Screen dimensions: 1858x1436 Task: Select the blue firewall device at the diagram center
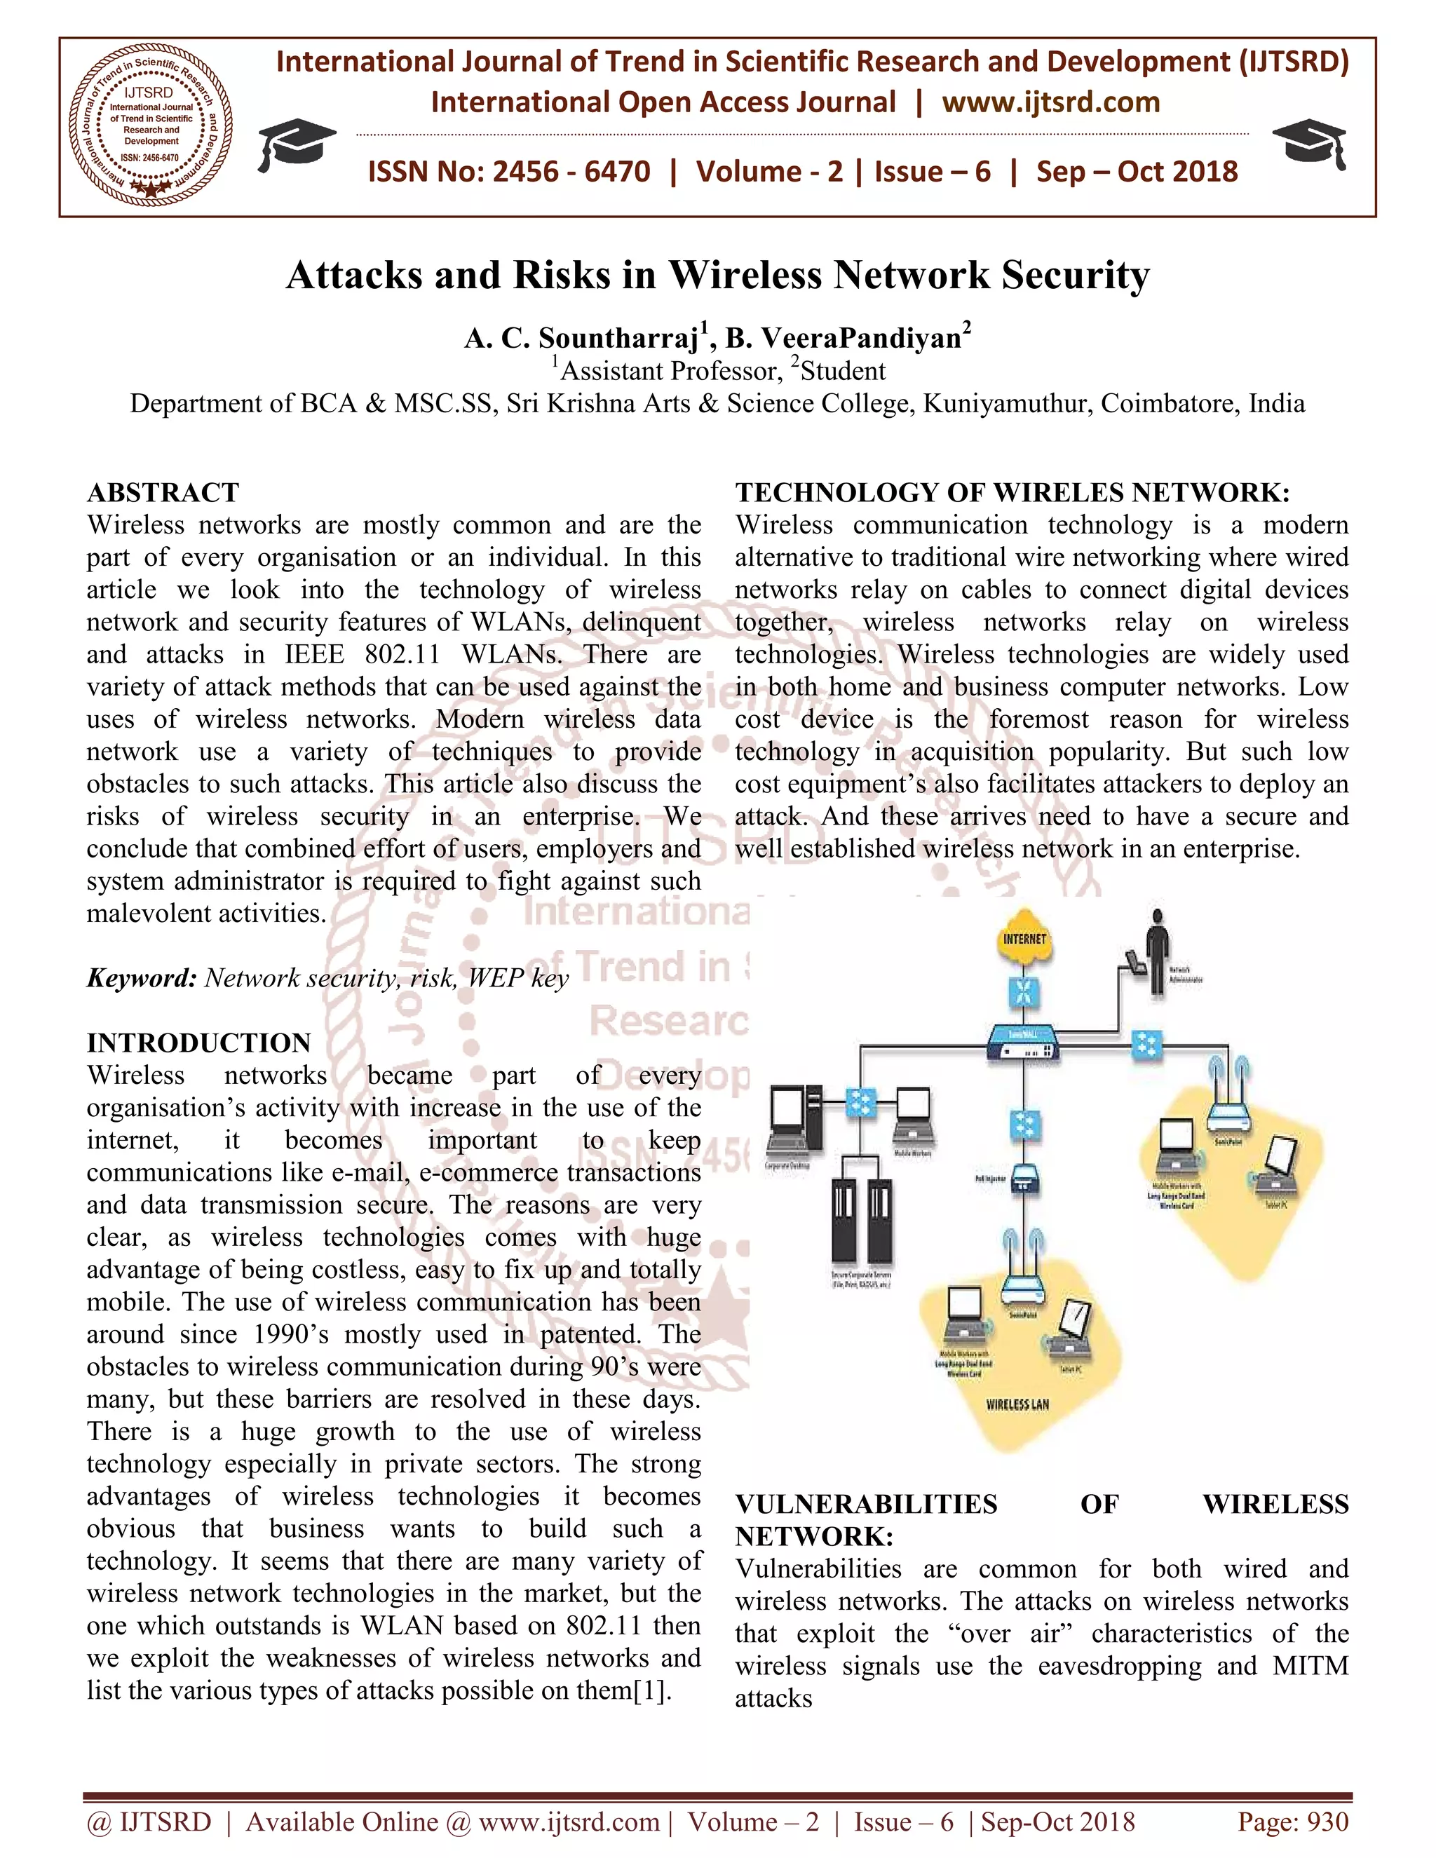click(x=1024, y=1040)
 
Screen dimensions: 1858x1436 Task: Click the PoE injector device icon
click(x=1024, y=1179)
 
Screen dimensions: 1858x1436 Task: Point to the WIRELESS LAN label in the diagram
click(x=1017, y=1404)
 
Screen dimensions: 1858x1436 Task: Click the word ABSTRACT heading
click(x=163, y=493)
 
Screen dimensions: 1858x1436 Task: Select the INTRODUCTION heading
click(x=198, y=1043)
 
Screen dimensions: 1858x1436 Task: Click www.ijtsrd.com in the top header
click(x=1050, y=102)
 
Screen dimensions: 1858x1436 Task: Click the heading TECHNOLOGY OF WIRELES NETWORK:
click(x=1012, y=493)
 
